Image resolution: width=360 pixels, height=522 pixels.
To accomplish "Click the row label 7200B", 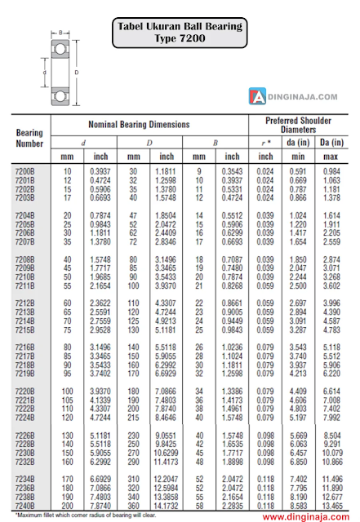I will [25, 171].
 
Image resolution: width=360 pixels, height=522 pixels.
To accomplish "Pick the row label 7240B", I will [25, 505].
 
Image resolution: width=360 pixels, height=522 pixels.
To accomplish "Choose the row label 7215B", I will [25, 330].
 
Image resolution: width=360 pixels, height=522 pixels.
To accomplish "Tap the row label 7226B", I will [25, 436].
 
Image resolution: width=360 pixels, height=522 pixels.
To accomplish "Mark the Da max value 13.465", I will [331, 505].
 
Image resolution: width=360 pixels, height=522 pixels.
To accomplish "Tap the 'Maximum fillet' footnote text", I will [73, 515].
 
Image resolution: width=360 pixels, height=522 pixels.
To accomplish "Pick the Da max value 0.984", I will [331, 171].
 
